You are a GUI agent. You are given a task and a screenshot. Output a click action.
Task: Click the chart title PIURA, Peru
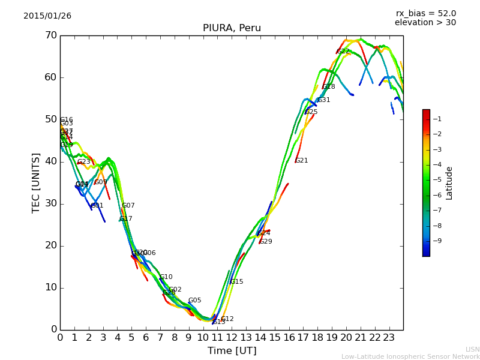232,28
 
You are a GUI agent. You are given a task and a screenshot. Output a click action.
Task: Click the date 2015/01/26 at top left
47,16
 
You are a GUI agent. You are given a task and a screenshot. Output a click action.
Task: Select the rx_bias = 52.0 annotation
425,14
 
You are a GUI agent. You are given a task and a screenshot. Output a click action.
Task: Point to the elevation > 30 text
425,23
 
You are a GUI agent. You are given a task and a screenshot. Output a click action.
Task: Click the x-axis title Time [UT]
232,351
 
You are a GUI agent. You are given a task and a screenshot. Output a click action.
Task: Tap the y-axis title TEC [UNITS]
36,182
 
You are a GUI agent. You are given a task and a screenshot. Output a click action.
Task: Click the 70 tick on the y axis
50,35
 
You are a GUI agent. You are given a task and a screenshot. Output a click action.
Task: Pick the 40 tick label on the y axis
50,161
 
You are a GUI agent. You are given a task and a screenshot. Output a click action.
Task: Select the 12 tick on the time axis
232,338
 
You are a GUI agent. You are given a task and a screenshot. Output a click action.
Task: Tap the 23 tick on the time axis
389,338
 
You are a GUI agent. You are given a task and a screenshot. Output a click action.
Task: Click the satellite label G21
302,161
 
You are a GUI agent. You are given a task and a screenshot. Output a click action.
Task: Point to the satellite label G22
343,52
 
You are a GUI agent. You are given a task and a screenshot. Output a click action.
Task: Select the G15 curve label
237,282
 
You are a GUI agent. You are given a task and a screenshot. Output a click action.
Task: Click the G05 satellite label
195,301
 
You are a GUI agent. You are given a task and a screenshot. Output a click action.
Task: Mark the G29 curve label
266,242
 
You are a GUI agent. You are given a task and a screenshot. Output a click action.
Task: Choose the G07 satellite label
128,206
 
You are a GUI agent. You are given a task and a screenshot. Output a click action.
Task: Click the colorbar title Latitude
449,182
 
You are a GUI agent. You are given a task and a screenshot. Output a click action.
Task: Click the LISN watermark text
473,349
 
